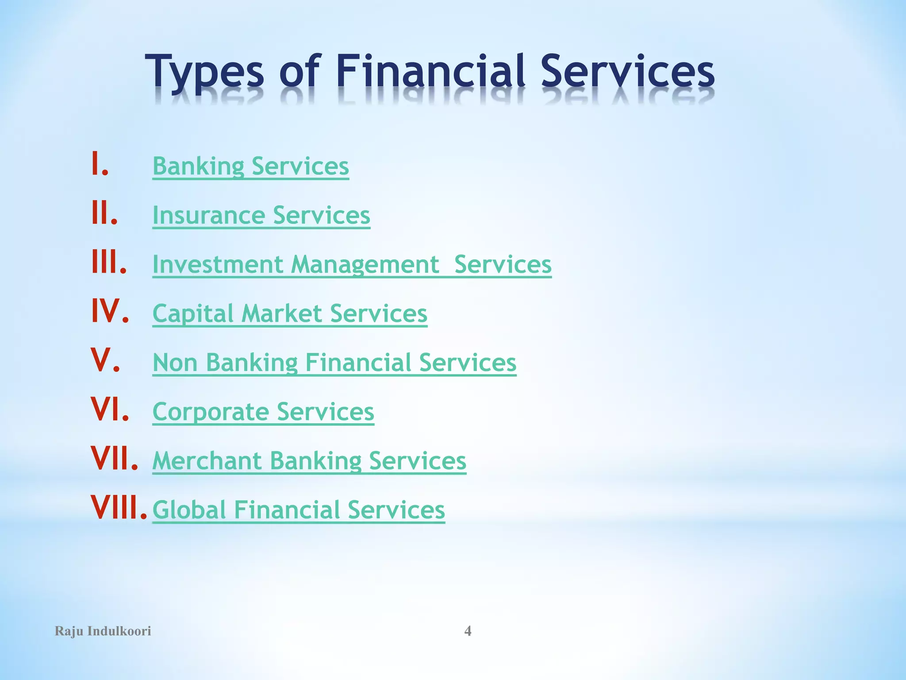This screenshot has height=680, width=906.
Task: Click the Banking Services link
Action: pyautogui.click(x=250, y=166)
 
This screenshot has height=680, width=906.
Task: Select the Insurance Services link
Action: pyautogui.click(x=261, y=216)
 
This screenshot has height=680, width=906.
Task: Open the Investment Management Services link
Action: pyautogui.click(x=352, y=265)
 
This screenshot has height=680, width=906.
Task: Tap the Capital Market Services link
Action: pyautogui.click(x=290, y=314)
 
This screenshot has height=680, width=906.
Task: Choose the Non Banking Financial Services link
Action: pyautogui.click(x=334, y=363)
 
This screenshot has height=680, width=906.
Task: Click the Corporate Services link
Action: pyautogui.click(x=263, y=412)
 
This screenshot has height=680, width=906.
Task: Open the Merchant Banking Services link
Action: pyautogui.click(x=309, y=461)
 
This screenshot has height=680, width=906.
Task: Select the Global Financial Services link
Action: pyautogui.click(x=299, y=510)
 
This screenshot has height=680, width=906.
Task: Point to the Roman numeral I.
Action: pyautogui.click(x=99, y=164)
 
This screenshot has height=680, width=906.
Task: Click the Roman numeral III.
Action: pyautogui.click(x=108, y=262)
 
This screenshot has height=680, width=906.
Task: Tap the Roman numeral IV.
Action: pyautogui.click(x=110, y=311)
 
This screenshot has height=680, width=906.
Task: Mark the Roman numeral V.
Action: pyautogui.click(x=105, y=360)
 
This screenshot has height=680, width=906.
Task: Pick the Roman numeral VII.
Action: pyautogui.click(x=114, y=459)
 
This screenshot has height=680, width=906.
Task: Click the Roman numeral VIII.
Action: pyautogui.click(x=119, y=508)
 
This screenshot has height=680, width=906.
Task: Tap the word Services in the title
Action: pyautogui.click(x=627, y=71)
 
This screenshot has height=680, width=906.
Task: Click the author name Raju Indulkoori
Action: pyautogui.click(x=103, y=631)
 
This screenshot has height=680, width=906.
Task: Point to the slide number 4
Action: pyautogui.click(x=468, y=631)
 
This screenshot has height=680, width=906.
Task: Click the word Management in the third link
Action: pyautogui.click(x=365, y=265)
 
